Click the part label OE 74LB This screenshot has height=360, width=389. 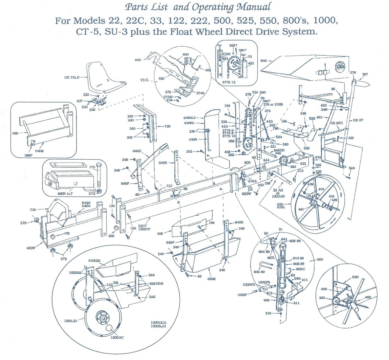click(71, 78)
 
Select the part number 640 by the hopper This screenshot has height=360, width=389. click(263, 61)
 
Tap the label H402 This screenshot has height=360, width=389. click(40, 150)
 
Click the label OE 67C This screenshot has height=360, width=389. click(337, 123)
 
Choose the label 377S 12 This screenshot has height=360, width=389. click(229, 82)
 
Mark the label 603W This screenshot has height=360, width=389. click(246, 194)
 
